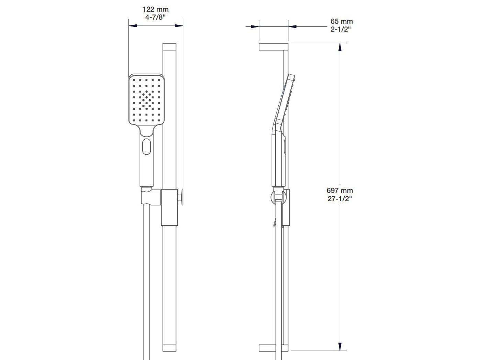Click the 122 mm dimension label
[155, 10]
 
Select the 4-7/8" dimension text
[155, 17]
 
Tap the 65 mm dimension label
[342, 22]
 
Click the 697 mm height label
[340, 190]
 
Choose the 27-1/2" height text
[340, 198]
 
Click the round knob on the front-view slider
[182, 198]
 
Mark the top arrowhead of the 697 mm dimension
[340, 47]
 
